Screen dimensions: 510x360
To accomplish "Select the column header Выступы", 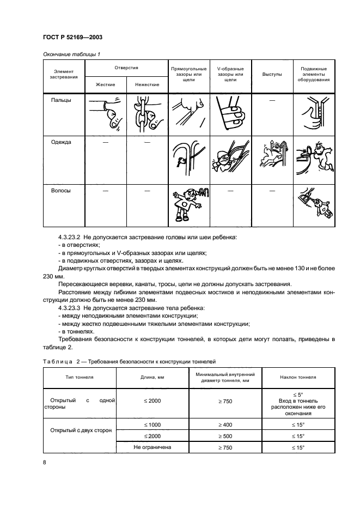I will pyautogui.click(x=272, y=74).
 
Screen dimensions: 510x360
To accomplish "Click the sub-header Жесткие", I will pyautogui.click(x=105, y=84).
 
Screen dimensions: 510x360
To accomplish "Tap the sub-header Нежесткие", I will pyautogui.click(x=147, y=84).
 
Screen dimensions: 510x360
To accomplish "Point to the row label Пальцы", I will pyautogui.click(x=61, y=100).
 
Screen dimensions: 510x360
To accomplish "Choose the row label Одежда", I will pyautogui.click(x=61, y=142).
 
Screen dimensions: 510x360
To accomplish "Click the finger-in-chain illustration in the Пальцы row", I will pyautogui.click(x=147, y=113).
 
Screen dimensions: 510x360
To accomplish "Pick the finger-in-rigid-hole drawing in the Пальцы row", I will pyautogui.click(x=105, y=111).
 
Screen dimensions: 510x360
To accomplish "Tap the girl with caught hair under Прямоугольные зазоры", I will pyautogui.click(x=188, y=205).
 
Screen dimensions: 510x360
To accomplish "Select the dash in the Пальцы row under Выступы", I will pyautogui.click(x=272, y=101).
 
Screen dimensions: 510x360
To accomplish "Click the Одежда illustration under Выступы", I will pyautogui.click(x=272, y=156).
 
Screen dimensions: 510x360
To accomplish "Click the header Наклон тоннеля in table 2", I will pyautogui.click(x=298, y=377).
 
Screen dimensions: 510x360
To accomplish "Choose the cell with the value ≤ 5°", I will pyautogui.click(x=298, y=394).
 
